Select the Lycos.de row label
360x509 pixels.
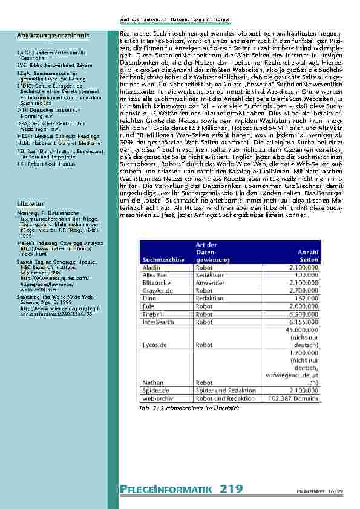[x=154, y=345]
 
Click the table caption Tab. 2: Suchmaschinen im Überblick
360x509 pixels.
[x=189, y=409]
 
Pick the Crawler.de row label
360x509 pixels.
[x=156, y=290]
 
